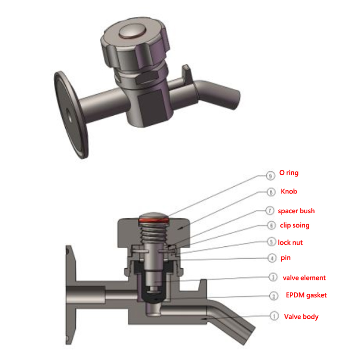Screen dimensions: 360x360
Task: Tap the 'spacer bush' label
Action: click(x=296, y=211)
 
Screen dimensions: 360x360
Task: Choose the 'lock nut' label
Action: click(x=290, y=242)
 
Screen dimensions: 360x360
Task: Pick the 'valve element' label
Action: click(x=304, y=277)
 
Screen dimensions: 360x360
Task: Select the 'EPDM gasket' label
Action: click(x=306, y=295)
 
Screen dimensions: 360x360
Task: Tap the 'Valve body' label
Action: click(x=301, y=316)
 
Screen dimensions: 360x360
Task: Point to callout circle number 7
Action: click(x=272, y=211)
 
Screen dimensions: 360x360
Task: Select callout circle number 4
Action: click(x=272, y=258)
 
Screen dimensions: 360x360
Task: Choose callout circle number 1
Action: click(x=272, y=316)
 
